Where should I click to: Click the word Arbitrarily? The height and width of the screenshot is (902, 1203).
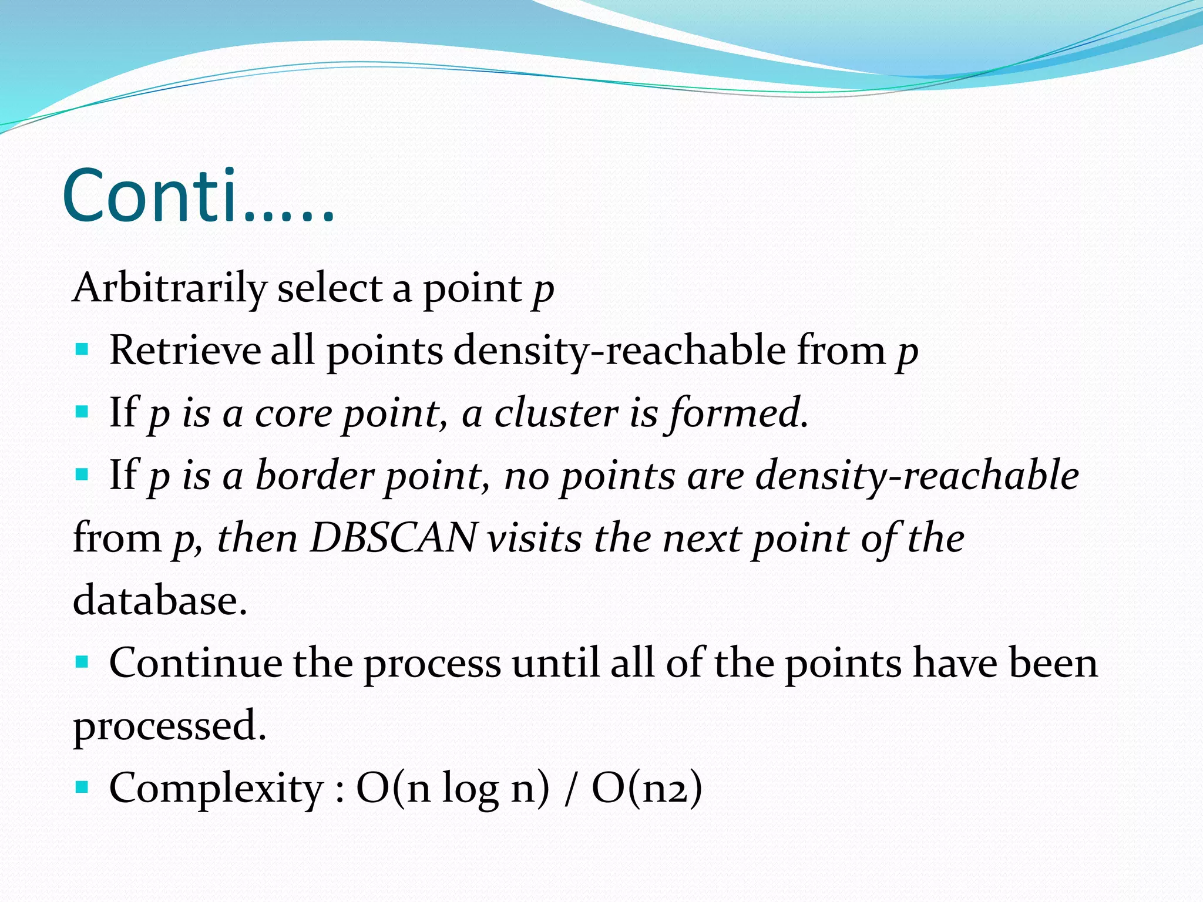[x=170, y=288]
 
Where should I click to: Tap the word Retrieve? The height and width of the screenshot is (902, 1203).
[x=184, y=351]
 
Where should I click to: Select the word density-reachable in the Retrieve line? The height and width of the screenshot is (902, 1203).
[x=619, y=351]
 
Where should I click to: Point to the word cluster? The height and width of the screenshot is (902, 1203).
[x=556, y=413]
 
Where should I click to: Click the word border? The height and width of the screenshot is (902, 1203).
[x=314, y=475]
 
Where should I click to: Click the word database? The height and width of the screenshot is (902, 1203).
[x=159, y=600]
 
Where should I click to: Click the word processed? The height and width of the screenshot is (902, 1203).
[x=169, y=726]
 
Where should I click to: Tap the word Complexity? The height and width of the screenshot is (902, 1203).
[x=216, y=788]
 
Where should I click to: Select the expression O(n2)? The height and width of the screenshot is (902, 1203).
[x=647, y=788]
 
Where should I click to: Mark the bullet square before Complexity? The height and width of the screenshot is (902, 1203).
[x=82, y=786]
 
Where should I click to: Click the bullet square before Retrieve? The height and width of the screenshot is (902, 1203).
[x=82, y=349]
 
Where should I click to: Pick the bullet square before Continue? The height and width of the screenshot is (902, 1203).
[x=82, y=662]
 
